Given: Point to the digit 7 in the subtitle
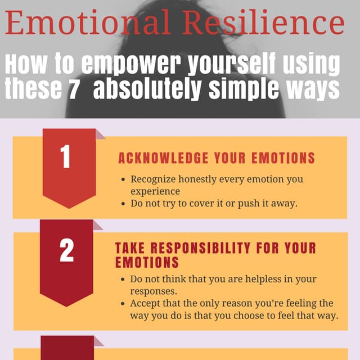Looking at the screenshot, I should click(x=73, y=89).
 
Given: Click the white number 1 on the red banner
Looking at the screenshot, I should click(x=66, y=158).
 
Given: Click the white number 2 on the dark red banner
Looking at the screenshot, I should click(x=66, y=251).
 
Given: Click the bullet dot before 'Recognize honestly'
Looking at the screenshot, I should click(x=123, y=179).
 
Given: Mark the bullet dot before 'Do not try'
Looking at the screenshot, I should click(x=123, y=204).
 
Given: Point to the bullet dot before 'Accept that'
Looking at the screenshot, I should click(x=123, y=303).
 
